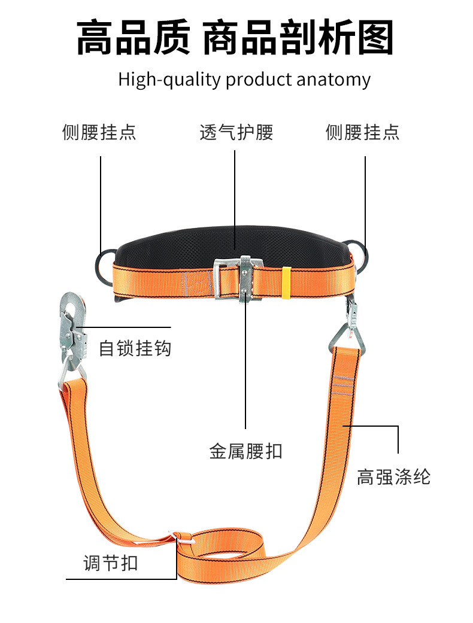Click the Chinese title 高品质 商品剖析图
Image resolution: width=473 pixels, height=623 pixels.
pyautogui.click(x=235, y=37)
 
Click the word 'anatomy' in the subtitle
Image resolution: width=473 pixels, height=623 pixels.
pyautogui.click(x=333, y=80)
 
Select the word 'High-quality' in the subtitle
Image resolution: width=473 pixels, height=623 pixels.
pyautogui.click(x=169, y=80)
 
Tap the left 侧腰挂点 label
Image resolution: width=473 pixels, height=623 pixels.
pyautogui.click(x=99, y=132)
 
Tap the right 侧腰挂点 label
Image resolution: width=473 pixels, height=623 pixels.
pyautogui.click(x=362, y=132)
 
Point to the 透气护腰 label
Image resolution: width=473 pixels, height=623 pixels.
pyautogui.click(x=236, y=132)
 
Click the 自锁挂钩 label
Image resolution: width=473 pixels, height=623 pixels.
pyautogui.click(x=135, y=348)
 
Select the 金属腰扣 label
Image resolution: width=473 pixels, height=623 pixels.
pyautogui.click(x=245, y=451)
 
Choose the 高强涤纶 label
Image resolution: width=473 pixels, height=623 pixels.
pyautogui.click(x=393, y=477)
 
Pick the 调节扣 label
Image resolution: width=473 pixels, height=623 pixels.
pyautogui.click(x=111, y=563)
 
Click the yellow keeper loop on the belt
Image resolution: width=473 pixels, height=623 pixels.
pyautogui.click(x=286, y=282)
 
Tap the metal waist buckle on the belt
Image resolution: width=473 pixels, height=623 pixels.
pyautogui.click(x=238, y=279)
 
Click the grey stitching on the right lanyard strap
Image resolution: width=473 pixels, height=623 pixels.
pyautogui.click(x=342, y=385)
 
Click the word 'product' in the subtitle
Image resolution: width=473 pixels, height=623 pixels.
pyautogui.click(x=259, y=80)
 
